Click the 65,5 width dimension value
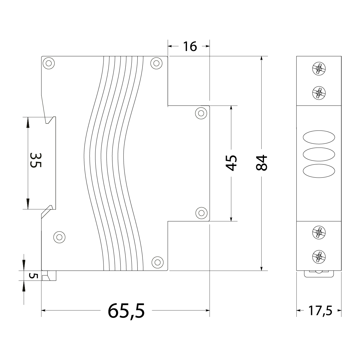tap(126, 310)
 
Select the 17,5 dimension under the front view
tap(320, 310)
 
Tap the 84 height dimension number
tap(262, 163)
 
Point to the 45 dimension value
tap(231, 163)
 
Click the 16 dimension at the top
tap(190, 46)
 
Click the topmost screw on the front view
tap(319, 69)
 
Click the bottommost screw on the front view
tap(319, 257)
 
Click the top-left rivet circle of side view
tap(48, 63)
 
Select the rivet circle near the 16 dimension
tap(156, 63)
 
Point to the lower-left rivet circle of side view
tap(59, 237)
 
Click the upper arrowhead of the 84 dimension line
tap(262, 59)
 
